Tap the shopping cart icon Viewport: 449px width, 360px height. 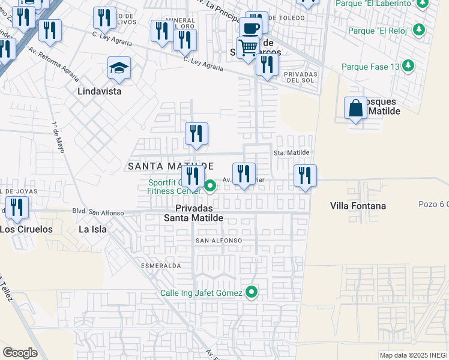(x=248, y=47)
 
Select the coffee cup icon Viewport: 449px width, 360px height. (x=250, y=28)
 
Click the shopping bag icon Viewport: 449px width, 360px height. (x=355, y=108)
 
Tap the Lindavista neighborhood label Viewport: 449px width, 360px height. (x=100, y=92)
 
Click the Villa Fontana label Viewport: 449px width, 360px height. (x=358, y=206)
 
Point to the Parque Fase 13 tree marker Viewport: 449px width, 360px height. (x=408, y=66)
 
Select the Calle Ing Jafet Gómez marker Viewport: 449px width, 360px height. (x=252, y=292)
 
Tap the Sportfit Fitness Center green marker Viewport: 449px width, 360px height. (x=209, y=186)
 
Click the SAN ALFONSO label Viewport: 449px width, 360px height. (x=218, y=240)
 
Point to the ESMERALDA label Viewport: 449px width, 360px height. (x=161, y=265)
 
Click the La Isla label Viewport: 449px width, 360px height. (x=92, y=229)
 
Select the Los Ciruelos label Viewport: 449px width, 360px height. (x=26, y=229)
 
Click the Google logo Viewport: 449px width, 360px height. (x=20, y=353)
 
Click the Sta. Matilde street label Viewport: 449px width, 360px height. (x=292, y=153)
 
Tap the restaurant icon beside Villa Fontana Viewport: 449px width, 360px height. (x=305, y=176)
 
